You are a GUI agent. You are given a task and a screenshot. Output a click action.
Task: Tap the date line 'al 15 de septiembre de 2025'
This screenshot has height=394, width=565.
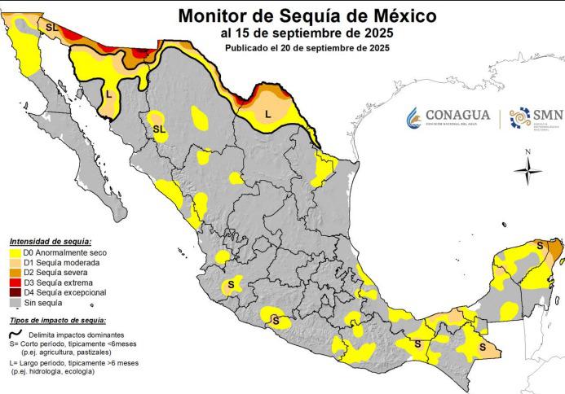307,33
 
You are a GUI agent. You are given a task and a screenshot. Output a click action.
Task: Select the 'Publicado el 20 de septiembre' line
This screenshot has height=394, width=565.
307,48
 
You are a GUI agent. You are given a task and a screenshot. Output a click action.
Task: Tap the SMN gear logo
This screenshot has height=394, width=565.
520,119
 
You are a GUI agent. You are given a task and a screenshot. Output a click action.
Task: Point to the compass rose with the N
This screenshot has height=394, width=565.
528,169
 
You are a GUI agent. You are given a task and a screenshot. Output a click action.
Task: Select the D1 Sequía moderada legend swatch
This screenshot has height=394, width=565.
15,264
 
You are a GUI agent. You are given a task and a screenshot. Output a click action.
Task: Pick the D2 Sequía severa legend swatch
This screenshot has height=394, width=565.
15,274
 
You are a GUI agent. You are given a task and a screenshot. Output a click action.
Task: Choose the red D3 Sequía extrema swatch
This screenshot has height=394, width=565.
15,282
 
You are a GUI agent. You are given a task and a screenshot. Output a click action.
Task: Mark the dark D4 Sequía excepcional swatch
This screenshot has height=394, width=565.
15,292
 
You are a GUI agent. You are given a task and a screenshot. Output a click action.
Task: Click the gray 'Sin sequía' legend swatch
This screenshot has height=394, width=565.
15,302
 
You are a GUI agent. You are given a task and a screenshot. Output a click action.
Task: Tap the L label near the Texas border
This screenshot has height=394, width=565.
268,115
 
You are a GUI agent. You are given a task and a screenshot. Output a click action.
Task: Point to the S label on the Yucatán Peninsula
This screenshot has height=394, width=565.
538,244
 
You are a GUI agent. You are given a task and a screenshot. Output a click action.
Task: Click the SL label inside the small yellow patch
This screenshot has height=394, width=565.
158,129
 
